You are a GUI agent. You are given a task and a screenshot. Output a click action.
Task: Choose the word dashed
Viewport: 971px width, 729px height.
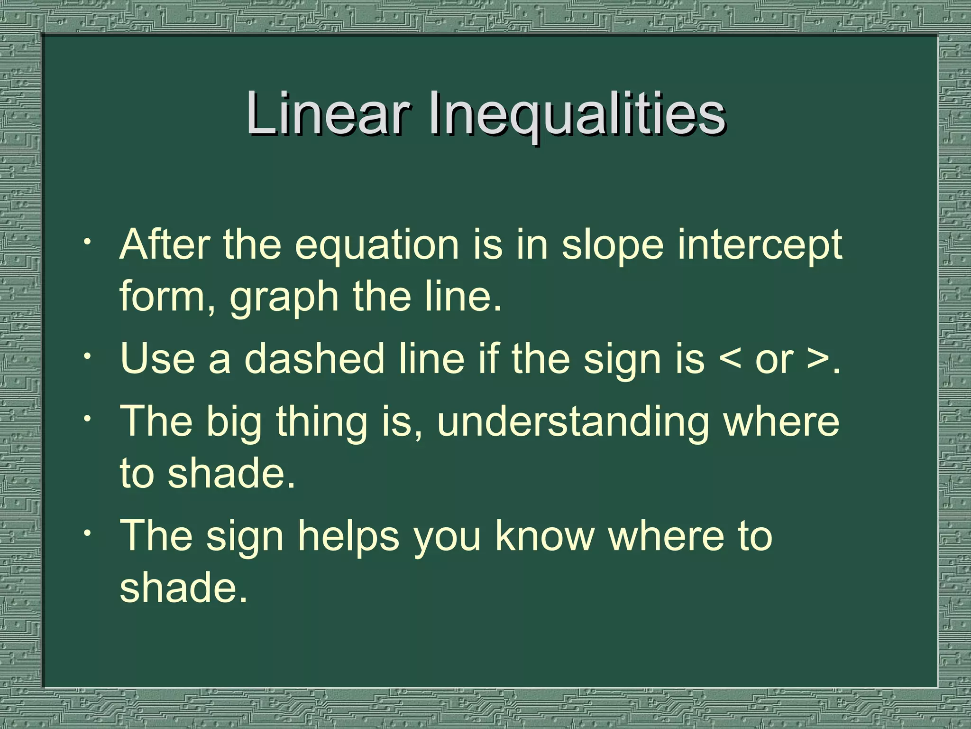(314, 359)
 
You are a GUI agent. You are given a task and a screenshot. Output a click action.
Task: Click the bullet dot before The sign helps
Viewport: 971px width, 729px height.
(87, 532)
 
